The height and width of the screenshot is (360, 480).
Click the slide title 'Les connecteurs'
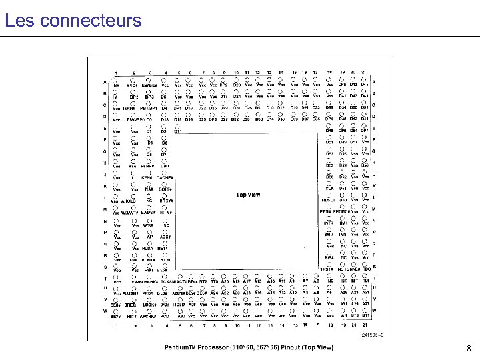pos(73,20)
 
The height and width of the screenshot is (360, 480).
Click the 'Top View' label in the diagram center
pos(249,195)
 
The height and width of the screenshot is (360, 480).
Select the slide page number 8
pos(469,348)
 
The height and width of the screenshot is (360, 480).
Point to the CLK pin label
pos(329,189)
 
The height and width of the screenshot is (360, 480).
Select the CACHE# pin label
pos(165,177)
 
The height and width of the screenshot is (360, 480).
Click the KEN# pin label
pos(147,177)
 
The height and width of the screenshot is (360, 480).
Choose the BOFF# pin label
pos(165,189)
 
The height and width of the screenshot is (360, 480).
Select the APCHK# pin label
pos(147,315)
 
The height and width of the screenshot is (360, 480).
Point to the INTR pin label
pos(329,223)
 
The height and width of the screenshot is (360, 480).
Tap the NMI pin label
pos(343,223)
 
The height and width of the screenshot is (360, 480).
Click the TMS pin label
pos(343,234)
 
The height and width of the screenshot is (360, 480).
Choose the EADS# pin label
pos(148,212)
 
